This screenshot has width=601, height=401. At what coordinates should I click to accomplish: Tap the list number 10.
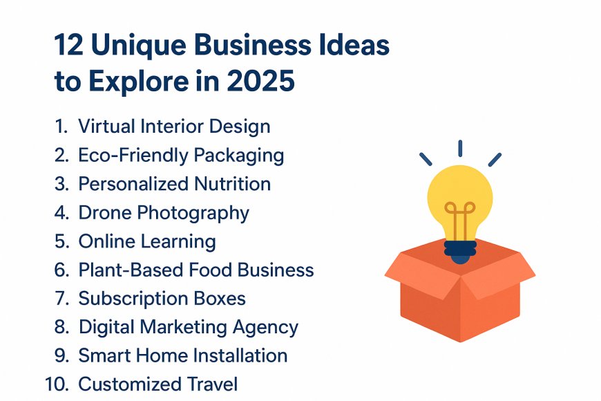57,384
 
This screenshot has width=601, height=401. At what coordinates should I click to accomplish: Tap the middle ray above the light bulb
459,147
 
